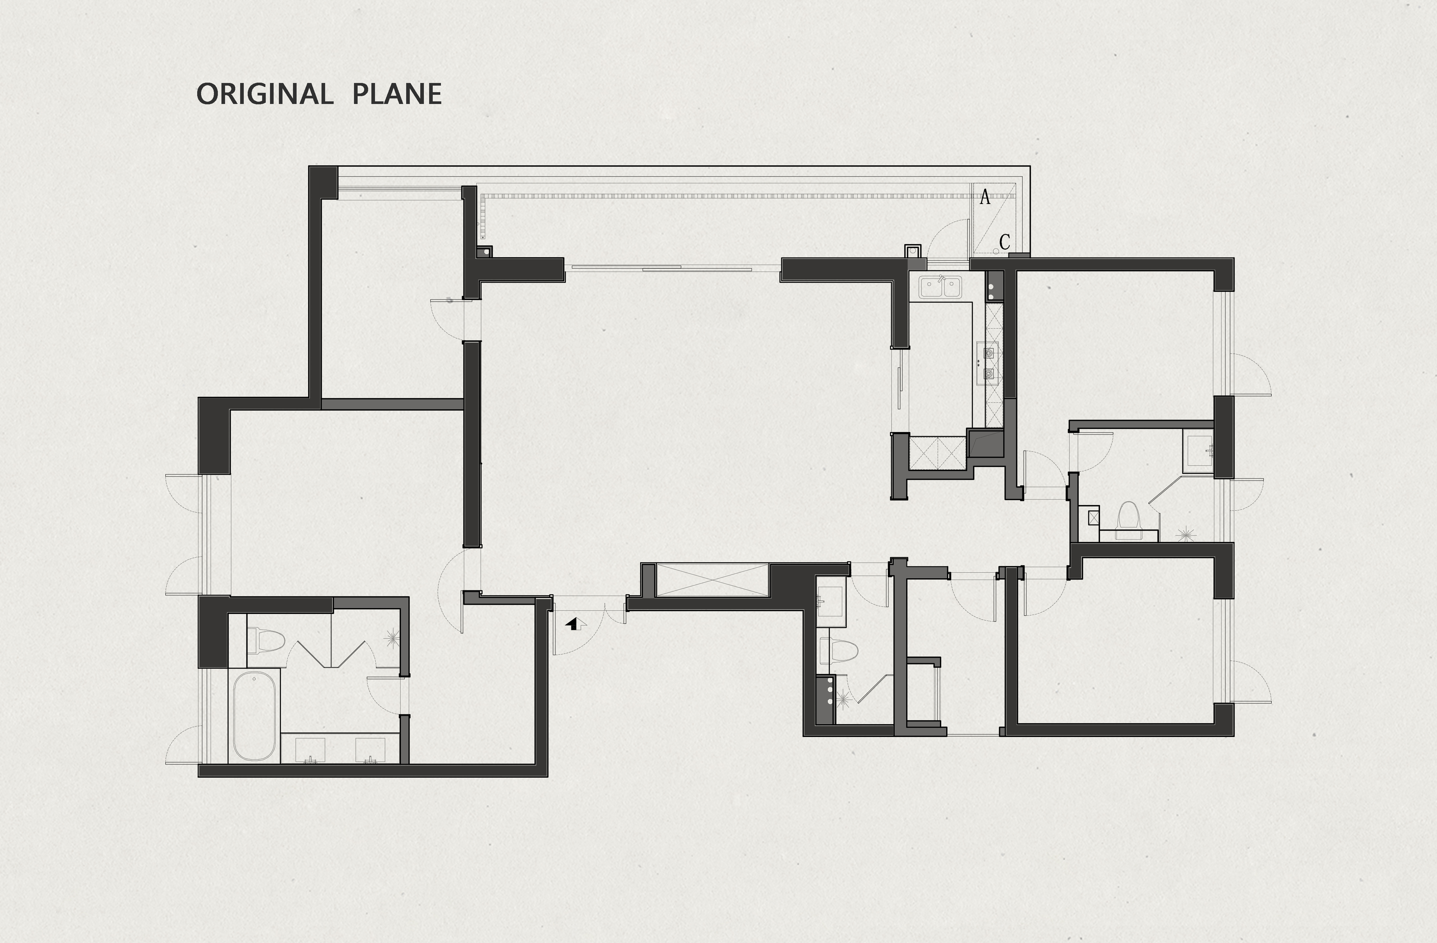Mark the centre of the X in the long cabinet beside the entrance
coord(713,580)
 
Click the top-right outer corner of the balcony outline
coord(1030,166)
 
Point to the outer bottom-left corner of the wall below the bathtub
coord(198,776)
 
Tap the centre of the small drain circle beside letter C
coord(996,251)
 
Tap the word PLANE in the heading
coord(397,94)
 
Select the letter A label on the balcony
coord(985,197)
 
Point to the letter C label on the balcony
coord(1005,242)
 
